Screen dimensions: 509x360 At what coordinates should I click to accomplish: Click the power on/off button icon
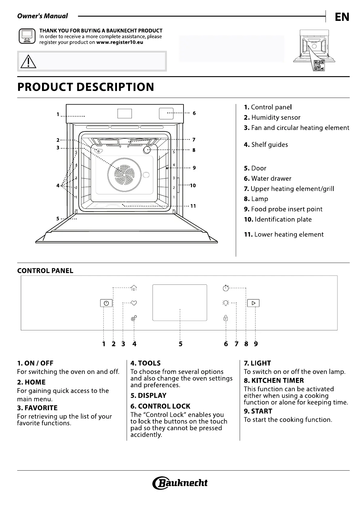click(106, 303)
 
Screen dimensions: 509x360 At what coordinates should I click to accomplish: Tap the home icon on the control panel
click(134, 288)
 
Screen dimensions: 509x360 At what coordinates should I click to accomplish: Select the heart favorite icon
click(134, 303)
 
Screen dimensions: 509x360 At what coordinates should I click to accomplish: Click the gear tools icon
click(134, 318)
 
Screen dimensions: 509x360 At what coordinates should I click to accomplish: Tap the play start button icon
click(253, 303)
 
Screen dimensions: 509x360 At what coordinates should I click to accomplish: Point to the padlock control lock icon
click(225, 318)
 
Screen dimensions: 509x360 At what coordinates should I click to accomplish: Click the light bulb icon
click(225, 303)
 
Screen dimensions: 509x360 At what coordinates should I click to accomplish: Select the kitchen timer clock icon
click(225, 288)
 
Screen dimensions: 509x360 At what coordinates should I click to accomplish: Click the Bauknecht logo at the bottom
click(180, 483)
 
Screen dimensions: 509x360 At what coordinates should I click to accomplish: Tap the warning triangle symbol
click(28, 61)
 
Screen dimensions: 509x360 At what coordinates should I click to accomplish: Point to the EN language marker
click(342, 17)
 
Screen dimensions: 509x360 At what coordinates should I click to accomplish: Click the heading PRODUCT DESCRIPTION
click(86, 87)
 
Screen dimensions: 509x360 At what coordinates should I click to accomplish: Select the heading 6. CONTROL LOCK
click(160, 406)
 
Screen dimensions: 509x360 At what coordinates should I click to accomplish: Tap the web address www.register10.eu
click(120, 42)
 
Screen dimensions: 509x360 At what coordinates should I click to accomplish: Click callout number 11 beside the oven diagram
click(193, 206)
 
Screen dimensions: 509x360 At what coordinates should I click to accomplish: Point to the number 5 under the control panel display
click(180, 344)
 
